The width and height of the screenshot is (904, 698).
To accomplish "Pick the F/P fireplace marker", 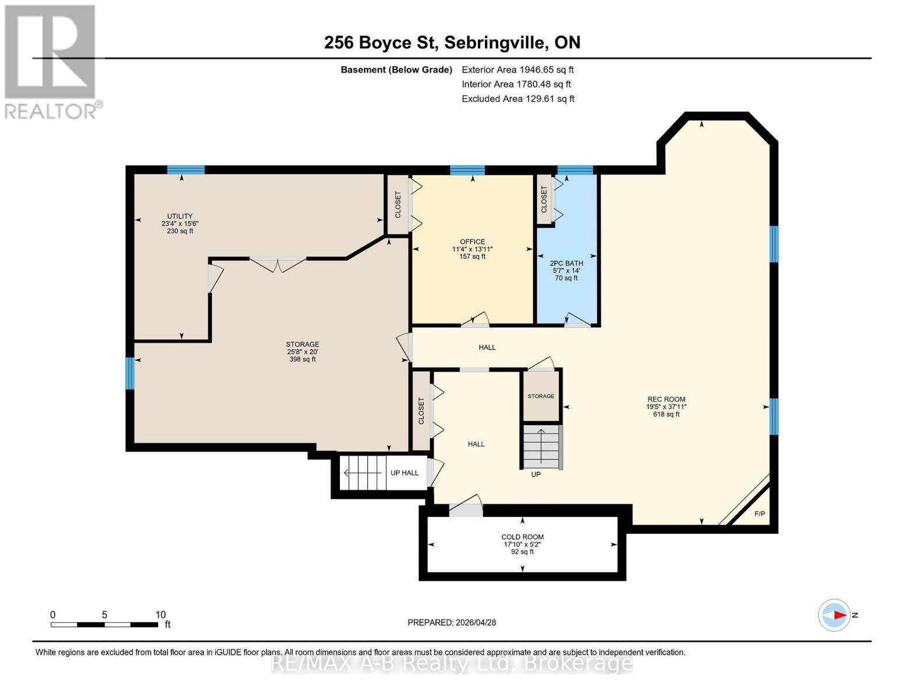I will point(759,514).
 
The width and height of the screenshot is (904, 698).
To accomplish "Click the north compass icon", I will point(834,615).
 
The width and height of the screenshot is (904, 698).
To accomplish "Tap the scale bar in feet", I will point(105,624).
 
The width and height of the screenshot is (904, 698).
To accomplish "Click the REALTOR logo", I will point(51,61).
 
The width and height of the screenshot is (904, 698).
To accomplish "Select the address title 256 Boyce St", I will point(452,42).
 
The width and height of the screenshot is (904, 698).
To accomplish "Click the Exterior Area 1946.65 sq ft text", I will point(517,70).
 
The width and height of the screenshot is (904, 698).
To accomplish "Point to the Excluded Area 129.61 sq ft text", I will point(517,99).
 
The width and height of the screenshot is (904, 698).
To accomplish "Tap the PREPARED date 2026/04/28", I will point(452,622).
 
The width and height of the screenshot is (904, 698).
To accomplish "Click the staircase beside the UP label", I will point(541,447).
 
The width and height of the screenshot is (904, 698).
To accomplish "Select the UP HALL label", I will point(404,473).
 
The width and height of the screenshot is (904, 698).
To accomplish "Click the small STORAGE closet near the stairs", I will point(541,396).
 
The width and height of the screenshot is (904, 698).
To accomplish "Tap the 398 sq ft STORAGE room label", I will point(302,351).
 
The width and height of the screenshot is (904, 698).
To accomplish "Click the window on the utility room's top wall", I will point(186,170).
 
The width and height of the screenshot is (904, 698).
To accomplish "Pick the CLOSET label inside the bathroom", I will point(544,199).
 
